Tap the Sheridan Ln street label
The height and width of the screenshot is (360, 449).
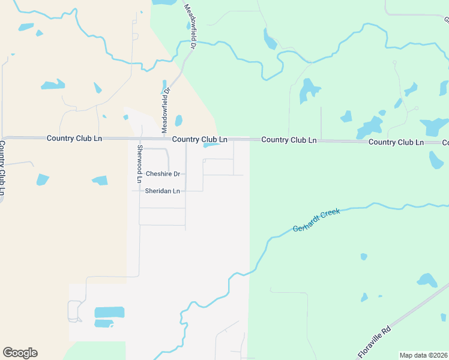coord(162,191)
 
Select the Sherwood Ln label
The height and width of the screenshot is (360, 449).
coord(139,164)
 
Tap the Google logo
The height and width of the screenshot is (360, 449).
coord(20,353)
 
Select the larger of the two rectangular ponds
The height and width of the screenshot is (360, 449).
coord(109,312)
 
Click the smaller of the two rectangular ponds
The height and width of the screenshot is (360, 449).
coord(104,324)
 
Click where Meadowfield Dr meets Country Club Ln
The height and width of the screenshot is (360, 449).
coord(163,138)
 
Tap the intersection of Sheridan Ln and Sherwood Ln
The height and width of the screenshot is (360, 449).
coord(140,191)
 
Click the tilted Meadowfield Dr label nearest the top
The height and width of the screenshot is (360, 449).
coord(190,23)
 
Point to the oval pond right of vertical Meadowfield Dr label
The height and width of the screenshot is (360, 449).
coord(178,121)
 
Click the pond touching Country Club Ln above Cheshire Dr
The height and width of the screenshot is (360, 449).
coord(211,145)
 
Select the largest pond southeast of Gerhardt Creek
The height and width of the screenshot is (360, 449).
coord(427,280)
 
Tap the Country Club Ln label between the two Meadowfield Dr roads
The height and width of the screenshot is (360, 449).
coord(199,139)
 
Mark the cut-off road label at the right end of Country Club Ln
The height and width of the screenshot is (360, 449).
coord(445,143)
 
